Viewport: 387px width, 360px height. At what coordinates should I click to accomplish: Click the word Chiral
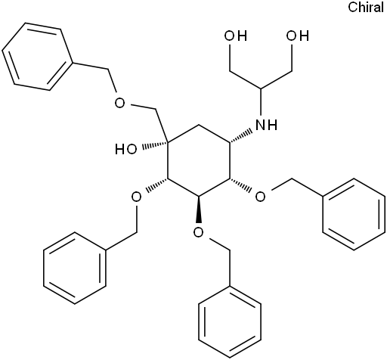[366, 7]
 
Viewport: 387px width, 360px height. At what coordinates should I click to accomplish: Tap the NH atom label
[266, 125]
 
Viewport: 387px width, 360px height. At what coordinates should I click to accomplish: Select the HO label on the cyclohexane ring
[126, 149]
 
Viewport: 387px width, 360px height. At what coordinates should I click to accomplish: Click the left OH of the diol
[236, 36]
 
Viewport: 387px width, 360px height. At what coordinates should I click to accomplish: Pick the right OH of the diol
[297, 36]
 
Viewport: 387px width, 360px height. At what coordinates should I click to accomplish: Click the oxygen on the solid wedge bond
[199, 232]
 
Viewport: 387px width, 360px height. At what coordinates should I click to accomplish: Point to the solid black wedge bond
[199, 209]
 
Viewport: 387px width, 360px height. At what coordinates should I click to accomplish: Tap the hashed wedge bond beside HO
[154, 145]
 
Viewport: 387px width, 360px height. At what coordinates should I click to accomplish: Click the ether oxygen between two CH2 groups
[120, 103]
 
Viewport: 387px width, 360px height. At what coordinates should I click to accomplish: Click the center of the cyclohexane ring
[199, 161]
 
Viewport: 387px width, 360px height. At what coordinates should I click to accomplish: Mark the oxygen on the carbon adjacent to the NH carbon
[261, 197]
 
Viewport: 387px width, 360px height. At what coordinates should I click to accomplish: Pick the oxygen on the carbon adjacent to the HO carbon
[136, 197]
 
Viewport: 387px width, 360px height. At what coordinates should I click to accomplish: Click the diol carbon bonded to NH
[261, 89]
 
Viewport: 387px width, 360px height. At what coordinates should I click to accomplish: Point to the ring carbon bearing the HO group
[168, 143]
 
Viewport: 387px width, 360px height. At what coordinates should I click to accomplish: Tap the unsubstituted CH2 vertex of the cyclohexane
[199, 125]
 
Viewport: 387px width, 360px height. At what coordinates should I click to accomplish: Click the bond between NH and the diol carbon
[261, 104]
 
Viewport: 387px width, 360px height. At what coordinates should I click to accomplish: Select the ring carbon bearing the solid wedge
[199, 197]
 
